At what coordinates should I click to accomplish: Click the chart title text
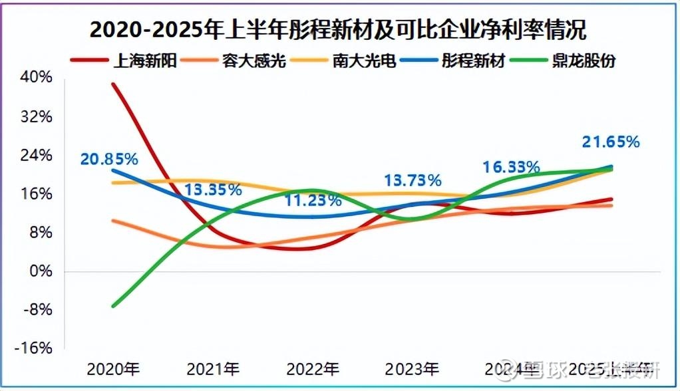tap(339, 29)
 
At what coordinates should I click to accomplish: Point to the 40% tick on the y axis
tap(37, 77)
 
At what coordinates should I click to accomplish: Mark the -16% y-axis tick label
tap(35, 349)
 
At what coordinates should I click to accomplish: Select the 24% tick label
tap(37, 155)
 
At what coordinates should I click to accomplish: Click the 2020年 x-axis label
tap(113, 368)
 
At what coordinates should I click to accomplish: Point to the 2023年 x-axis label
tap(413, 368)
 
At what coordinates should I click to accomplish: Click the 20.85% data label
tap(109, 160)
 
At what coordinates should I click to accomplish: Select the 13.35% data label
tap(213, 190)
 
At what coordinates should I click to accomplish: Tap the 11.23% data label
tap(313, 199)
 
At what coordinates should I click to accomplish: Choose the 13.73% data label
tap(413, 180)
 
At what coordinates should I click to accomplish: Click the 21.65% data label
tap(611, 142)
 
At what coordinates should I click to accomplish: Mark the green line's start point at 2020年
tap(113, 306)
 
